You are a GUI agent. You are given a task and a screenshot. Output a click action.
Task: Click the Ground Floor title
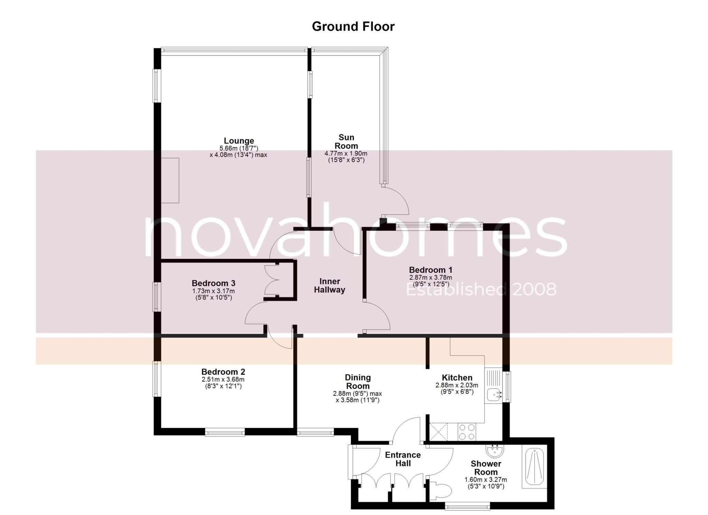[x=353, y=27]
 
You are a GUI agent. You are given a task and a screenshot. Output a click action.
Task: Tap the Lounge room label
[x=239, y=141]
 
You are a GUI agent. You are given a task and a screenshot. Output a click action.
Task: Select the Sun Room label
[x=346, y=142]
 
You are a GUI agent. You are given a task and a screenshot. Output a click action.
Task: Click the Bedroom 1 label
[x=430, y=270]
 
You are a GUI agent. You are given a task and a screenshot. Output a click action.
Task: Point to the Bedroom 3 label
[x=213, y=284]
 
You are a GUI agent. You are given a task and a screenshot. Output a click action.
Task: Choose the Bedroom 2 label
[x=223, y=372]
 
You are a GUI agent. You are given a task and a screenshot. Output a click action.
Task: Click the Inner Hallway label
[x=329, y=286]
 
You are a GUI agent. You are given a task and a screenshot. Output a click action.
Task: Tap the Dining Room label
[x=358, y=382]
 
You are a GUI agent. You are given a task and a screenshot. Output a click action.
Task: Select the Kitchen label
[x=457, y=378]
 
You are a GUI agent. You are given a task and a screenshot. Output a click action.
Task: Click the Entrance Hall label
[x=403, y=459]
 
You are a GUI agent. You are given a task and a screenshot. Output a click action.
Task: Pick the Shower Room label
[x=486, y=468]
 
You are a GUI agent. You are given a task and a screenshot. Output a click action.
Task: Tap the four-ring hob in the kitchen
[x=467, y=432]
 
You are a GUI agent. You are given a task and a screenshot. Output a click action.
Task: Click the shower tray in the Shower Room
[x=534, y=466]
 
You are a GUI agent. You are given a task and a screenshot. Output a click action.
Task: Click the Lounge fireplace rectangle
[x=170, y=180]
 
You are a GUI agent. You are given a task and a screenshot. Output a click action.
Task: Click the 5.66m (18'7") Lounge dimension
[x=239, y=148]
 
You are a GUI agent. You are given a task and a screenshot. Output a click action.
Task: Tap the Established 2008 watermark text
[x=481, y=289]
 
